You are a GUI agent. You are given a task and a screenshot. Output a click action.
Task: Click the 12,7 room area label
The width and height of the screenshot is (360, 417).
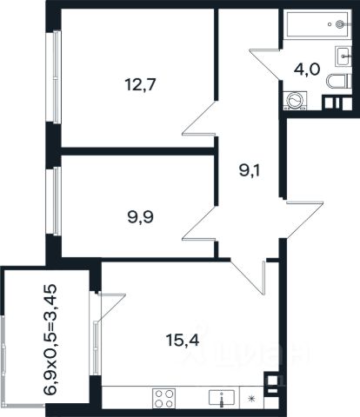pos(141,84)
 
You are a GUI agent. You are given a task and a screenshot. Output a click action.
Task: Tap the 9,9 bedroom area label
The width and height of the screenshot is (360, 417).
pos(141,217)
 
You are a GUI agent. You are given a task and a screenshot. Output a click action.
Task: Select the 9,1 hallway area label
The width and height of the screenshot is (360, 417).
pos(250,171)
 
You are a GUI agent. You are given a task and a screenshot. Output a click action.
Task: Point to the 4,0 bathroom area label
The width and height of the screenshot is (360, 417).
pos(307,69)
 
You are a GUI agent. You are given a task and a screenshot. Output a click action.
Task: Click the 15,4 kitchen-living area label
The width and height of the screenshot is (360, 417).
pos(183,340)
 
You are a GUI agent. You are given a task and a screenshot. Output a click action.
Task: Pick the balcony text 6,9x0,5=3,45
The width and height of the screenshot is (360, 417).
pos(50,340)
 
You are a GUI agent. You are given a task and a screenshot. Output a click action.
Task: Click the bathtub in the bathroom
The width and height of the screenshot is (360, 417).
pos(317,24)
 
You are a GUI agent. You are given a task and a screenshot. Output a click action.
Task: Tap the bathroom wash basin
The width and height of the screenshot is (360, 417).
pos(343,56)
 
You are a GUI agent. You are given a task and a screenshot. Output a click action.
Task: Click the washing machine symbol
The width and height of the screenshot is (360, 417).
pos(296,101)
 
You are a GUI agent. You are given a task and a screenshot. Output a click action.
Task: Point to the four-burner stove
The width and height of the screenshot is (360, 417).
pos(163,399)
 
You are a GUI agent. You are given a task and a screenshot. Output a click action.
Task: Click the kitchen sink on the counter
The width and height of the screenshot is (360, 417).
pos(222,398)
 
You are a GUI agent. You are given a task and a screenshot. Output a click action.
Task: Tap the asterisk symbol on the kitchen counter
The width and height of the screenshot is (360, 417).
pos(251,399)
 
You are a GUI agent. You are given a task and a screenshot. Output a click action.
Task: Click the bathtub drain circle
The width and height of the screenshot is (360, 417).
pos(339,24)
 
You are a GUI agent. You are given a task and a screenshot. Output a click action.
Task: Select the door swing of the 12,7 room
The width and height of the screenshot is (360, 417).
pos(200,118)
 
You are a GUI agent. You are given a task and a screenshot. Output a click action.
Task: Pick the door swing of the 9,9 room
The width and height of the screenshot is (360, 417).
pos(200,223)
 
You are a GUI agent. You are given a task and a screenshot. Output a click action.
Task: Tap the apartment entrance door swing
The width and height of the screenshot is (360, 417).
pos(304,220)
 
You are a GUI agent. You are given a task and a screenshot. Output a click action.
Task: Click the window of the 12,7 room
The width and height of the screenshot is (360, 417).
pos(57,76)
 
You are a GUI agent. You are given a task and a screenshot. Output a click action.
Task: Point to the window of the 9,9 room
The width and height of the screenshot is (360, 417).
pos(57,201)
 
